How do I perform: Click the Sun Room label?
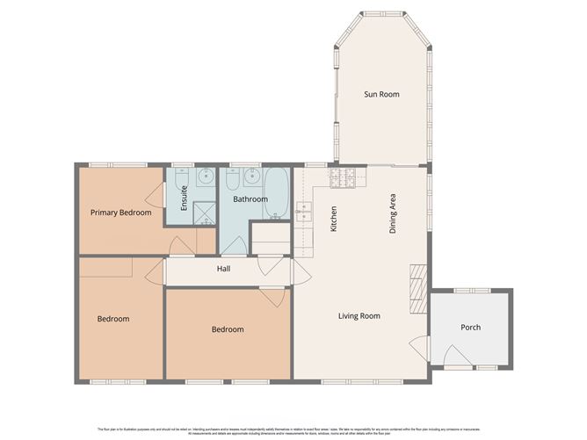pyautogui.click(x=381, y=94)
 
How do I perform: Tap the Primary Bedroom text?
pyautogui.click(x=121, y=213)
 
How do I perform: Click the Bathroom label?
pyautogui.click(x=250, y=199)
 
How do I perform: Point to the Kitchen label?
pyautogui.click(x=334, y=219)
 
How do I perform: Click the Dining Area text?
pyautogui.click(x=394, y=213)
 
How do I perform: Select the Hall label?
pyautogui.click(x=223, y=269)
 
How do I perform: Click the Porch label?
pyautogui.click(x=470, y=328)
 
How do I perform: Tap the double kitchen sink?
pyautogui.click(x=304, y=211)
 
